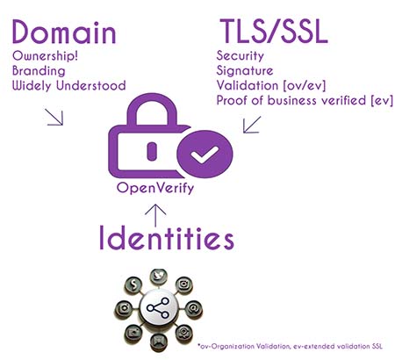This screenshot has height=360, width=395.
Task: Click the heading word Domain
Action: tap(64, 32)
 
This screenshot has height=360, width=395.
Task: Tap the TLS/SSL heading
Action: tap(274, 32)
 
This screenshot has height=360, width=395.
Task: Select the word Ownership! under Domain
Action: tap(45, 56)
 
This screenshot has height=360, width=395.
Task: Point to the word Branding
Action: tap(39, 71)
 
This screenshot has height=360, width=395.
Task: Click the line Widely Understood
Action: tap(69, 85)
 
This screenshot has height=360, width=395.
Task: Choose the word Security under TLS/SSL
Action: tap(241, 56)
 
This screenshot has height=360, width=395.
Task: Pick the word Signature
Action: tap(245, 71)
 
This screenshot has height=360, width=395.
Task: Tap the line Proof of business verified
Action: tap(291, 100)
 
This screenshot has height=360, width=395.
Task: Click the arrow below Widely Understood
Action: tap(54, 117)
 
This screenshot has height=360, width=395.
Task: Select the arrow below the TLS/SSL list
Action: tap(252, 125)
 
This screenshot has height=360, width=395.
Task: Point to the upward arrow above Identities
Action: tap(155, 215)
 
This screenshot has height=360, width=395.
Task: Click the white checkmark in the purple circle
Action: tap(205, 155)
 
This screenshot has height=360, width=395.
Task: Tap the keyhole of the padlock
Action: tap(152, 151)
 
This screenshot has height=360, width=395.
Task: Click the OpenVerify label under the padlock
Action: tap(155, 188)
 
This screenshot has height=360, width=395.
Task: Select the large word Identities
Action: tap(167, 237)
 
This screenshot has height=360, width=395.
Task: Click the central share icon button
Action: tap(158, 308)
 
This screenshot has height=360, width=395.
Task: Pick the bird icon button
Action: tap(159, 277)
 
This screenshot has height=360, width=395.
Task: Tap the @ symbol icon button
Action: tap(193, 308)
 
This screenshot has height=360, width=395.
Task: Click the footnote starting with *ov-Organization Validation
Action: tap(290, 346)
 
